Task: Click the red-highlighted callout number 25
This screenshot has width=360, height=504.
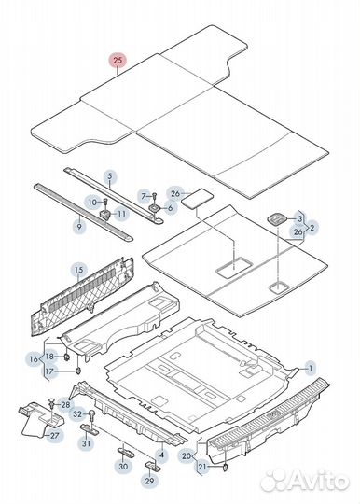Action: [118, 60]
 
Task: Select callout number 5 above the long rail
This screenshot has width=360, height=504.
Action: [110, 176]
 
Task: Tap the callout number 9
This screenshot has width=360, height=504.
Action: [79, 226]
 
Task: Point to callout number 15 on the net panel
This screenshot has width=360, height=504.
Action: [78, 270]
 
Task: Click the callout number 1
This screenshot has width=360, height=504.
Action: [311, 369]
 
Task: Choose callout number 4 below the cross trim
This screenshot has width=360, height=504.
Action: [161, 455]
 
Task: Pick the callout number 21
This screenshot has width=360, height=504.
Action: [202, 467]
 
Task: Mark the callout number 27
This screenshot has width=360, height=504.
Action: [54, 436]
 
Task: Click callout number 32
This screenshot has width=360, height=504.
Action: [77, 414]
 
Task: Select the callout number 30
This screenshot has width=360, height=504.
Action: [123, 466]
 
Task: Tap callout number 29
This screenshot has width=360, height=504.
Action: [149, 481]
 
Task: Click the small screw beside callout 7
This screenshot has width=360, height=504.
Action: [155, 196]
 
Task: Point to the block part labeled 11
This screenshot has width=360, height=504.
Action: [105, 214]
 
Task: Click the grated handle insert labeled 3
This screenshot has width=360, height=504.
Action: [276, 219]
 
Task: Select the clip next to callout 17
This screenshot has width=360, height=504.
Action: [78, 371]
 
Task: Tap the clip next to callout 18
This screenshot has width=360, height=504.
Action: [67, 357]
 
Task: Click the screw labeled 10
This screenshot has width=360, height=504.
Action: [105, 203]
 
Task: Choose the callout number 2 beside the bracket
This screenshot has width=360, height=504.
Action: [312, 228]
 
